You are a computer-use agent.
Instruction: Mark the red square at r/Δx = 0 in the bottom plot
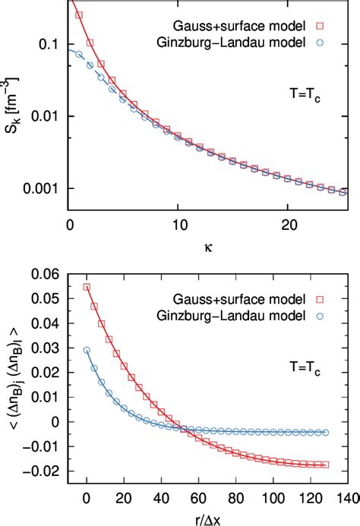pyautogui.click(x=87, y=287)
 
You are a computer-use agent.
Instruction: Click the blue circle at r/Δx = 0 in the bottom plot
pyautogui.click(x=87, y=350)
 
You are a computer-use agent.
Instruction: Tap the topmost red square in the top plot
pyautogui.click(x=80, y=14)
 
